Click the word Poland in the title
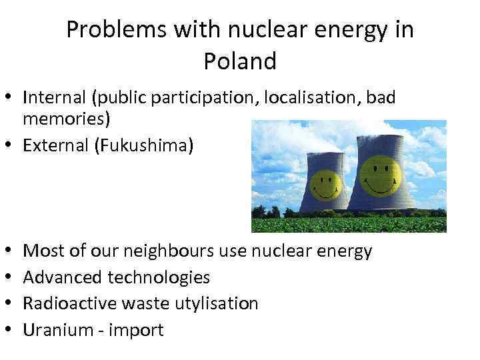(240, 61)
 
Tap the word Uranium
(52, 330)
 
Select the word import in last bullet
(138, 330)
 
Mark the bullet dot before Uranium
(11, 330)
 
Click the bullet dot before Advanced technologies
(11, 277)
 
